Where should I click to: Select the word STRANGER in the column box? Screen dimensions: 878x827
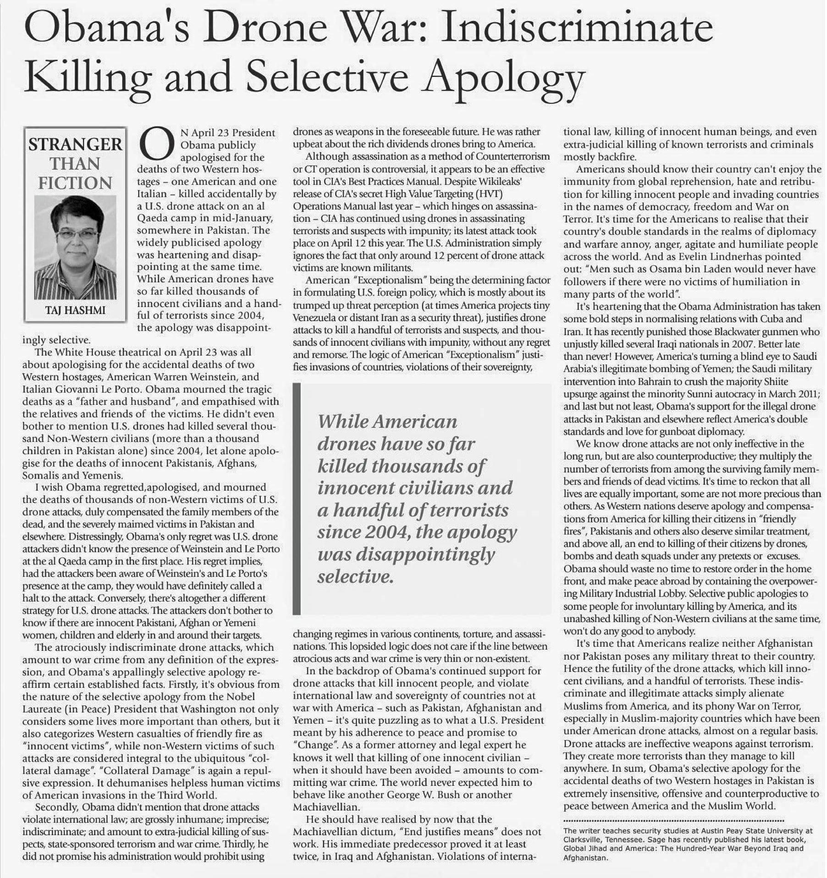tap(75, 144)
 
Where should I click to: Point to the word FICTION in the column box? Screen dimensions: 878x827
tap(75, 183)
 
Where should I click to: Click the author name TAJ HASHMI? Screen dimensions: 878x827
tap(75, 310)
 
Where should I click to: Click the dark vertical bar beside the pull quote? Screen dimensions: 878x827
tap(297, 498)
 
